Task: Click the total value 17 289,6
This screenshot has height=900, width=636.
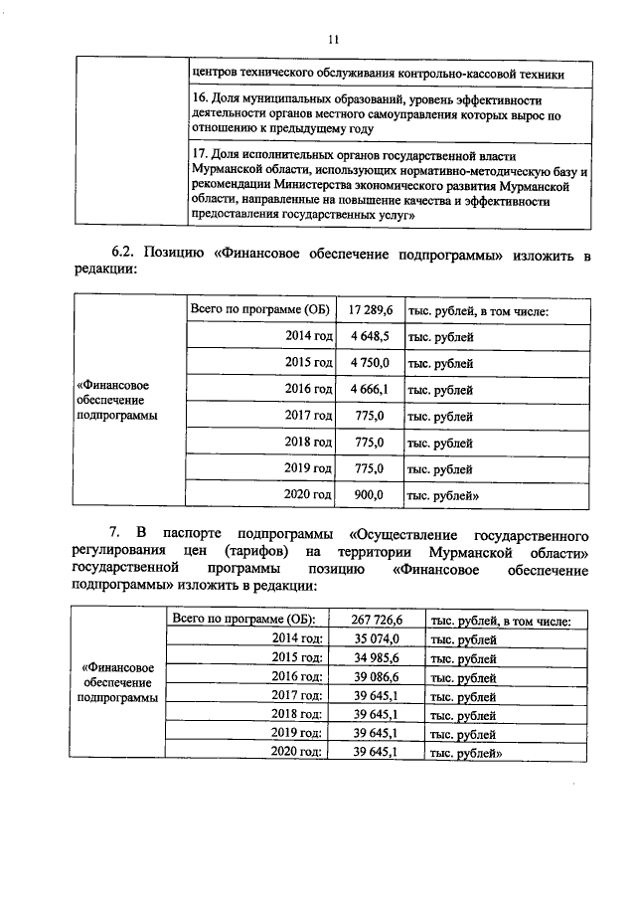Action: coord(370,311)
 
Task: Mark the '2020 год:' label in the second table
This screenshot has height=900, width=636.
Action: coord(297,753)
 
